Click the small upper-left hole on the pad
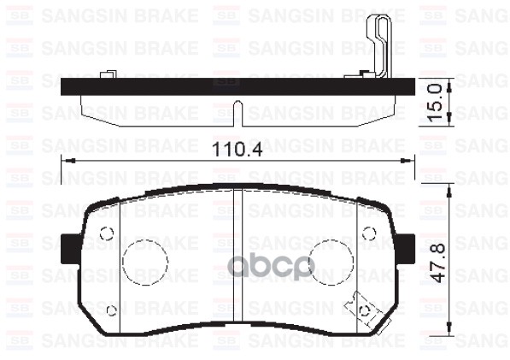[107, 233]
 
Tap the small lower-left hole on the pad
[112, 310]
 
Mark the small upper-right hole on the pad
[369, 233]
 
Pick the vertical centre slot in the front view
[239, 257]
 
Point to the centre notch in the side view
[239, 110]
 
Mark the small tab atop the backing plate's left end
[107, 75]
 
